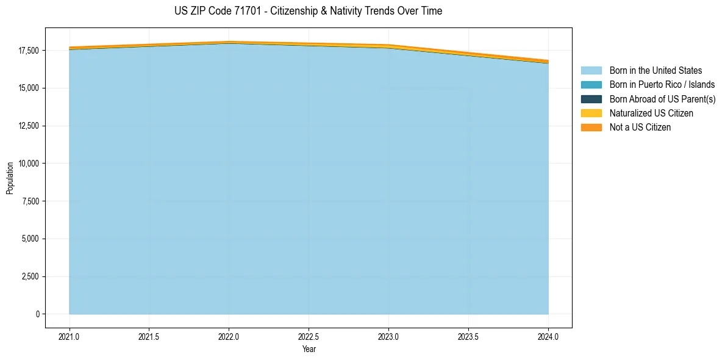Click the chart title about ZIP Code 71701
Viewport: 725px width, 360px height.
(308, 11)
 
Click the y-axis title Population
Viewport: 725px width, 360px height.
(10, 178)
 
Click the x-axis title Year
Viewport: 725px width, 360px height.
(309, 349)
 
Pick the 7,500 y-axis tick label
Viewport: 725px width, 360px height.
(30, 201)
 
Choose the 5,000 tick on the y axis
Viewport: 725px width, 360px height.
(30, 239)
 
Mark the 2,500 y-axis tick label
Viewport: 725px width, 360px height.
(30, 276)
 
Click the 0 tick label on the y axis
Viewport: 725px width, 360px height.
(37, 314)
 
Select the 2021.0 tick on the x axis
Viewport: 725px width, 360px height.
(70, 336)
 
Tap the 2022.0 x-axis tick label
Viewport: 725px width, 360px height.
(229, 336)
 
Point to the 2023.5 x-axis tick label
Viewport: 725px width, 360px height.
(468, 336)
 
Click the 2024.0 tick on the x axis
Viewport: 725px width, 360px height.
(548, 336)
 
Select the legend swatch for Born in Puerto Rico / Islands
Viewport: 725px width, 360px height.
(591, 85)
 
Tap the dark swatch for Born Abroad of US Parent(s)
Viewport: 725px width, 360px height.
(591, 99)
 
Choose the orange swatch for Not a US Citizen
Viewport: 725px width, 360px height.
(591, 128)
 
